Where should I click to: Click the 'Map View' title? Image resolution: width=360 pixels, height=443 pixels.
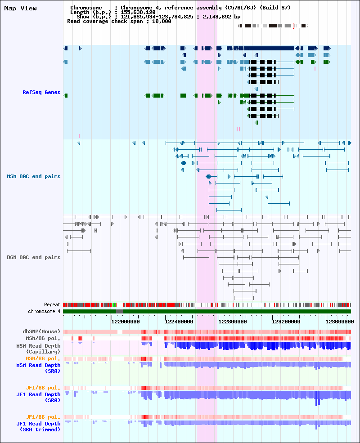20,9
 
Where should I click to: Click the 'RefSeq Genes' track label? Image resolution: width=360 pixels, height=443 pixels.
41,92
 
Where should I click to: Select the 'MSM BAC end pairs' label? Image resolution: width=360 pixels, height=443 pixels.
34,176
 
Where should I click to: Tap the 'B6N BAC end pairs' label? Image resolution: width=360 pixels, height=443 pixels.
34,257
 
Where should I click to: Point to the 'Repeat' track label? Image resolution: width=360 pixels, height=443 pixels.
52,304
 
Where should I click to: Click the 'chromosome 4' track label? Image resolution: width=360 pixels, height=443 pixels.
44,311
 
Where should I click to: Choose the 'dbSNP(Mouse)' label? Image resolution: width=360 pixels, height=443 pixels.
41,331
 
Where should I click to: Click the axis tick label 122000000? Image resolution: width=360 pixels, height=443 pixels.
126,322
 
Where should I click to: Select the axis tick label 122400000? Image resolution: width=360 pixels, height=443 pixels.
179,322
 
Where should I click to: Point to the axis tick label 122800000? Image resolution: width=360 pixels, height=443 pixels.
233,322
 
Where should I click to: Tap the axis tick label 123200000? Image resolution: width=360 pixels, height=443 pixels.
286,322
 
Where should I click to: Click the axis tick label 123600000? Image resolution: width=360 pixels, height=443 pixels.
340,322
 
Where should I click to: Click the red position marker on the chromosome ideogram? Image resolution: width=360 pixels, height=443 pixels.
293,26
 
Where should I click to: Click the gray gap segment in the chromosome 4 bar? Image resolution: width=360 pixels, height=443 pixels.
120,311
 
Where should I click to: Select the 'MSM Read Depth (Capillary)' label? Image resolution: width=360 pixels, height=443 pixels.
38,349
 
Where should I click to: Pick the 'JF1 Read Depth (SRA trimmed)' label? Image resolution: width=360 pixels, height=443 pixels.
38,426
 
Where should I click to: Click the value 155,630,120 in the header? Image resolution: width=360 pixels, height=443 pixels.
138,13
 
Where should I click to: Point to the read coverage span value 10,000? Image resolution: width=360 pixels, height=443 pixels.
162,22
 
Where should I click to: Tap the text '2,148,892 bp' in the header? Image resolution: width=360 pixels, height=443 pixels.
221,17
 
